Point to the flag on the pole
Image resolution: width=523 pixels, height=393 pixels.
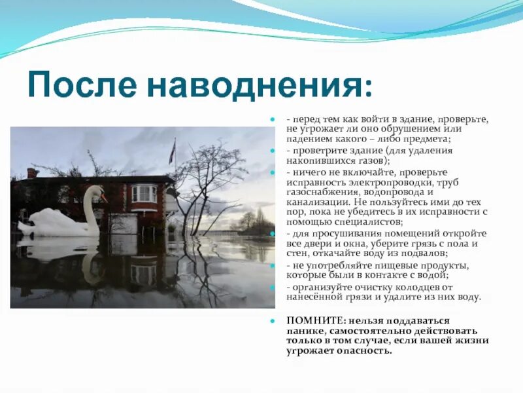coord(172,152)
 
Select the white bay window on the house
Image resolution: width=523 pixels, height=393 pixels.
coord(144,194)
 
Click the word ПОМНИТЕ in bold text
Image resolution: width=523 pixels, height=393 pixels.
coord(311,320)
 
